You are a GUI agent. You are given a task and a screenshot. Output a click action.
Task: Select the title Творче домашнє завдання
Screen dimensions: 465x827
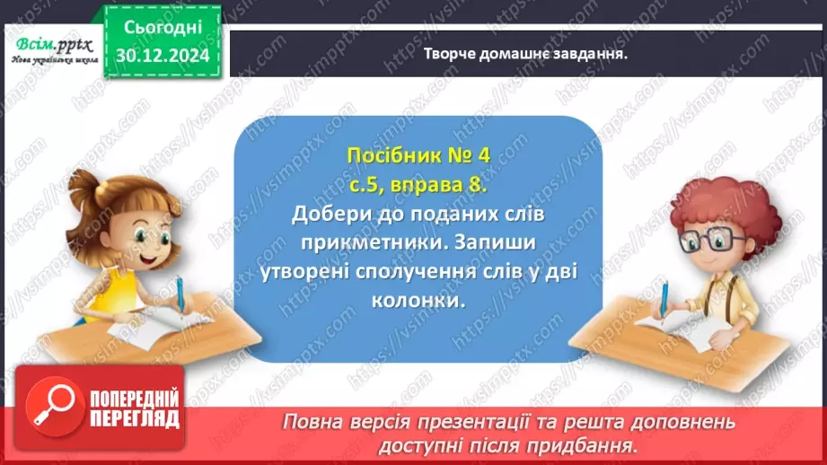tap(525, 53)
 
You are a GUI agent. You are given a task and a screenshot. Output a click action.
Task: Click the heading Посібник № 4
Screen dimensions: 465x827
tap(418, 155)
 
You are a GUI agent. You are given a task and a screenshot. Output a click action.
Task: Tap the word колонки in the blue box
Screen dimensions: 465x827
tap(418, 302)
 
